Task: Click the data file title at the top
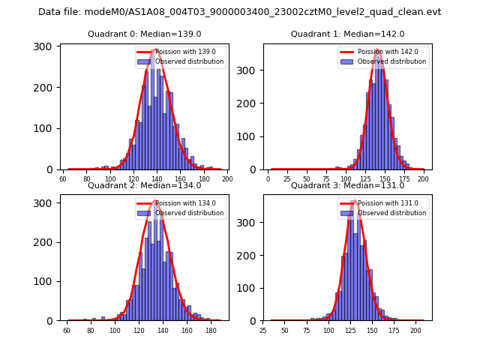[240, 12]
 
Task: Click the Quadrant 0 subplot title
[145, 34]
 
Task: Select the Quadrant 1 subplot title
[347, 34]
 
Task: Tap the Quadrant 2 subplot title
[145, 185]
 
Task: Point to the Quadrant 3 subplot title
[347, 185]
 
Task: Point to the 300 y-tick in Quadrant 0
[43, 47]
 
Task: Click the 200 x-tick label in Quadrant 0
[227, 179]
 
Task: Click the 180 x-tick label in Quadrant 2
[211, 331]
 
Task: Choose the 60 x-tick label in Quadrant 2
[67, 331]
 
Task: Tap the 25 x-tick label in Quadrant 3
[263, 331]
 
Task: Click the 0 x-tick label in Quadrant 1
[268, 179]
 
